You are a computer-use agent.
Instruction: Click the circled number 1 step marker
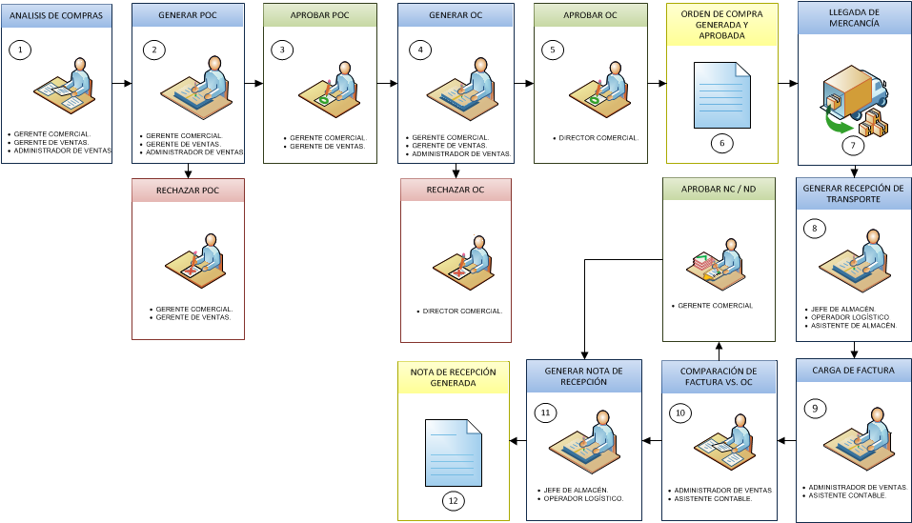coord(20,50)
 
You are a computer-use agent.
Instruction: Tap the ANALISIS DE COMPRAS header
coord(56,15)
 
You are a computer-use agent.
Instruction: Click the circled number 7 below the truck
coord(853,145)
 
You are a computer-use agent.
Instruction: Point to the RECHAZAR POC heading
coord(188,191)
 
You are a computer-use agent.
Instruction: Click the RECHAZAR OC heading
coord(456,190)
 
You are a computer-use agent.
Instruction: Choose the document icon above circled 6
coord(721,95)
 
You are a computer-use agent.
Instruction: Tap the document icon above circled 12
coord(454,453)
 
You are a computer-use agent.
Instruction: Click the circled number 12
coord(453,501)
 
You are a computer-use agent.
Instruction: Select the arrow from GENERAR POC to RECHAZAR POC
coord(188,171)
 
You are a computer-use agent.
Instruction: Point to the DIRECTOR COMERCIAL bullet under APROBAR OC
coord(598,138)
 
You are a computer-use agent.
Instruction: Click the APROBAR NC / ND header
coord(719,189)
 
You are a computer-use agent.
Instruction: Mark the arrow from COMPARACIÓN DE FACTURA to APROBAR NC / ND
coord(719,351)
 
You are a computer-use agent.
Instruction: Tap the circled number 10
coord(679,413)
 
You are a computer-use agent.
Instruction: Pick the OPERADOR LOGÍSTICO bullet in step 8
coord(850,317)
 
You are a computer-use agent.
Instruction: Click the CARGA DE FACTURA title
coord(853,371)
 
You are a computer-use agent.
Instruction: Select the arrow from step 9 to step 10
coord(787,440)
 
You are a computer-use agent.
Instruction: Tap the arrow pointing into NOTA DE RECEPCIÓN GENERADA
coord(517,441)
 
